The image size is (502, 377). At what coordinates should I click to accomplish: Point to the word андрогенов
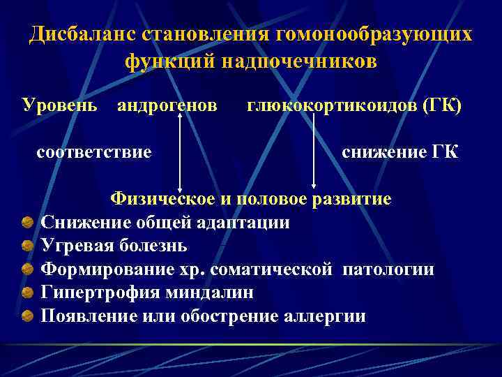pos(167,105)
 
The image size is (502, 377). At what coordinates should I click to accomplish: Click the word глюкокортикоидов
pos(328,105)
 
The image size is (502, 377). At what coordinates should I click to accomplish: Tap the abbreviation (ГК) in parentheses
pos(440,105)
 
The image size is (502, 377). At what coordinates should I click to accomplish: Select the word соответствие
pos(93,151)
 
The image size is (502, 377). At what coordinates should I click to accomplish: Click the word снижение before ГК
pos(379,151)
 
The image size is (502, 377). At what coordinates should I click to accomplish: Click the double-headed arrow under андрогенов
pos(181,151)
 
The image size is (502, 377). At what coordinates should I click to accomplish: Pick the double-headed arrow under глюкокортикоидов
pos(314,151)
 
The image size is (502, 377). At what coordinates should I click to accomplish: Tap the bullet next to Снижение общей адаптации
pos(27,223)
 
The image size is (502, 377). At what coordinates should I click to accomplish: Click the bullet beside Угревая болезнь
pos(27,246)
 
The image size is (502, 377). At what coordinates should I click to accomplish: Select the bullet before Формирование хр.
pos(27,269)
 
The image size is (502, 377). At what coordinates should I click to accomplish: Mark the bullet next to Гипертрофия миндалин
pos(27,293)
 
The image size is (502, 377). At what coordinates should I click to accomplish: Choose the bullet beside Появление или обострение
pos(27,316)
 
